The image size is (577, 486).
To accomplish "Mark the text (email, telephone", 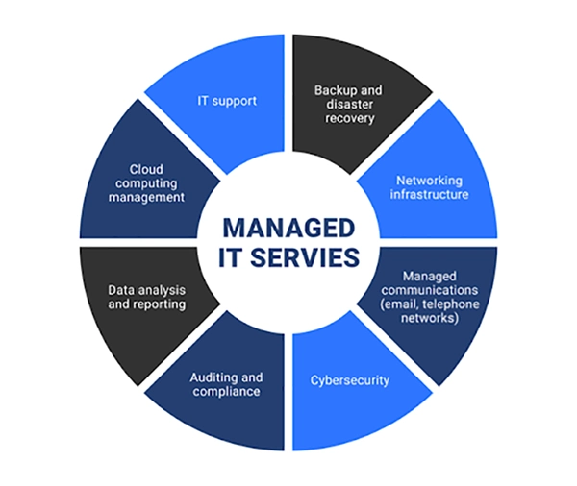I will (425, 304).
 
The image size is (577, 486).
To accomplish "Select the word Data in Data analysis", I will (119, 289).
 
